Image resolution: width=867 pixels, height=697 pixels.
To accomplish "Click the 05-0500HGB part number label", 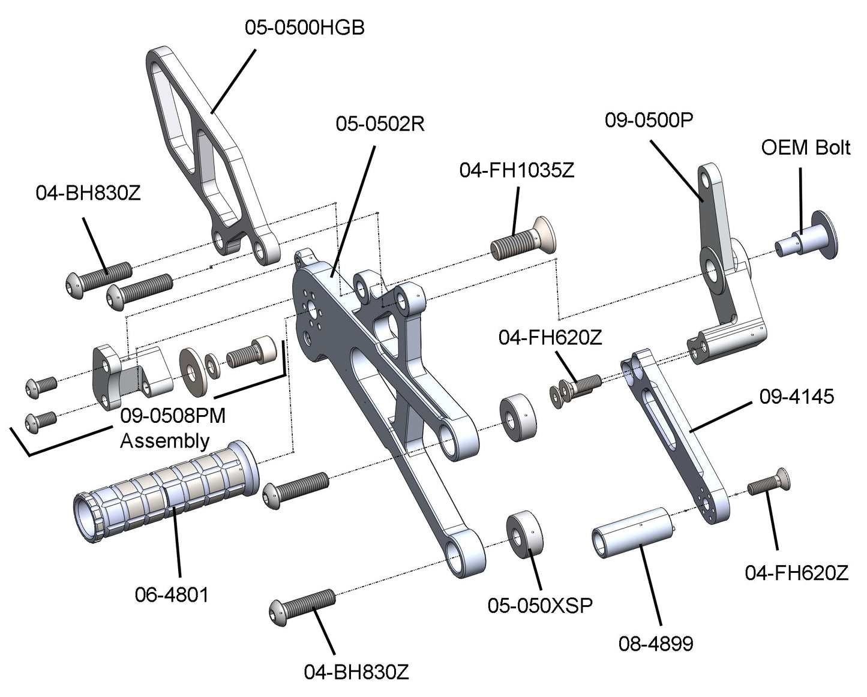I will tap(304, 28).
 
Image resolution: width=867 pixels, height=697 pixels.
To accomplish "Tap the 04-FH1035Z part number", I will tap(517, 170).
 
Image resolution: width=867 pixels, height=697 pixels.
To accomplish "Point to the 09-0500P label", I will tap(649, 120).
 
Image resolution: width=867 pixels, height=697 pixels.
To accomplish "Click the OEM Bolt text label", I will tap(805, 148).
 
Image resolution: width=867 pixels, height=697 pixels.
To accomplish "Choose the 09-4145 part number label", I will tap(796, 396).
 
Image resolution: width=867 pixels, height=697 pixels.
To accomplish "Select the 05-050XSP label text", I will tap(540, 605).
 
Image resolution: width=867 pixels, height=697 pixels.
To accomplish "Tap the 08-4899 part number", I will tap(655, 644).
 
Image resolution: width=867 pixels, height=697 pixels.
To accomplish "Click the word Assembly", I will tap(164, 441).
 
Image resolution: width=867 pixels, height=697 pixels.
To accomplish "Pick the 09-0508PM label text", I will tap(173, 416).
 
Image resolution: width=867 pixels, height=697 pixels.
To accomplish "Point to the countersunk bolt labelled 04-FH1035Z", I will tap(525, 242).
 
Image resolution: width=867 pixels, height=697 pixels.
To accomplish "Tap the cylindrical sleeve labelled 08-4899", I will tap(633, 532).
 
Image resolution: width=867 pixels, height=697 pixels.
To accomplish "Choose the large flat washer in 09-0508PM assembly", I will tap(191, 372).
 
